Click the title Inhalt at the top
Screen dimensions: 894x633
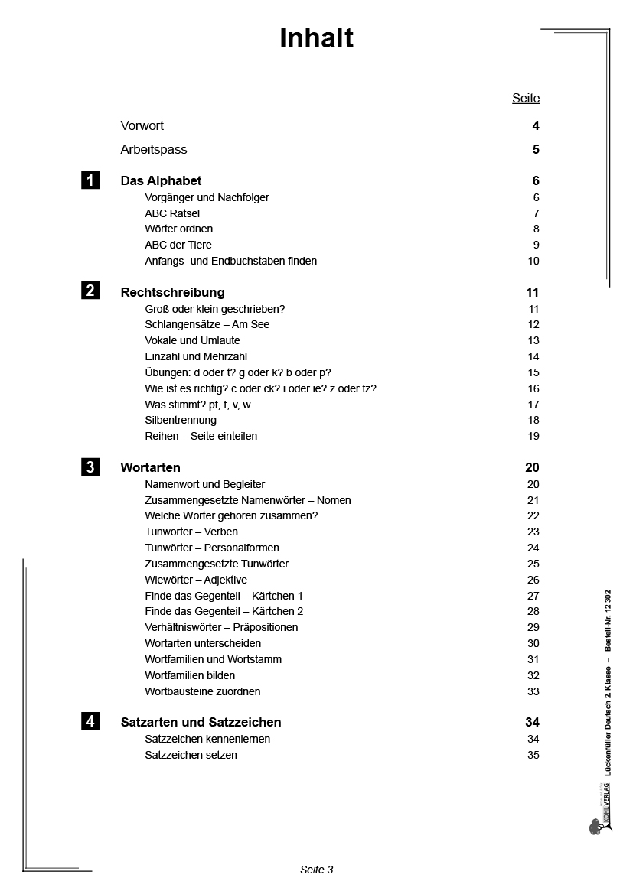pos(316,38)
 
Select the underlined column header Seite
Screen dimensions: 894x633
pos(526,98)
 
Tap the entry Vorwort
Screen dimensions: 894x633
pos(142,125)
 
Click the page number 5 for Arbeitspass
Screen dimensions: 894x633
pos(536,149)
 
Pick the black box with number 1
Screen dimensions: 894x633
pos(90,180)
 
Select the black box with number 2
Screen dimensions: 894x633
pos(90,291)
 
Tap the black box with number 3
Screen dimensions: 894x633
pos(90,467)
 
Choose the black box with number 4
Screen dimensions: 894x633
pos(90,721)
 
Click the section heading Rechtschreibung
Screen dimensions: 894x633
pos(173,292)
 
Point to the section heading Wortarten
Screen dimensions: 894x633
pos(151,467)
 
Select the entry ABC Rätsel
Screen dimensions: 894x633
pos(172,213)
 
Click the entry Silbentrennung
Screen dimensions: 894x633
pos(181,420)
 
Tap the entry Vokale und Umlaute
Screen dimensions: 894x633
pos(192,340)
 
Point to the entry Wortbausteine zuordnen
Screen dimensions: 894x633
pos(203,691)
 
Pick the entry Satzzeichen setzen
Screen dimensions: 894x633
pos(191,755)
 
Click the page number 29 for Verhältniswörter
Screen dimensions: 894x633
pos(533,627)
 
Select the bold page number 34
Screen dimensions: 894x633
pos(533,722)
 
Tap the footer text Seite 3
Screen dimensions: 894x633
pos(316,869)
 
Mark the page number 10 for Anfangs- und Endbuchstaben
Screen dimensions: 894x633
pos(533,261)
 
